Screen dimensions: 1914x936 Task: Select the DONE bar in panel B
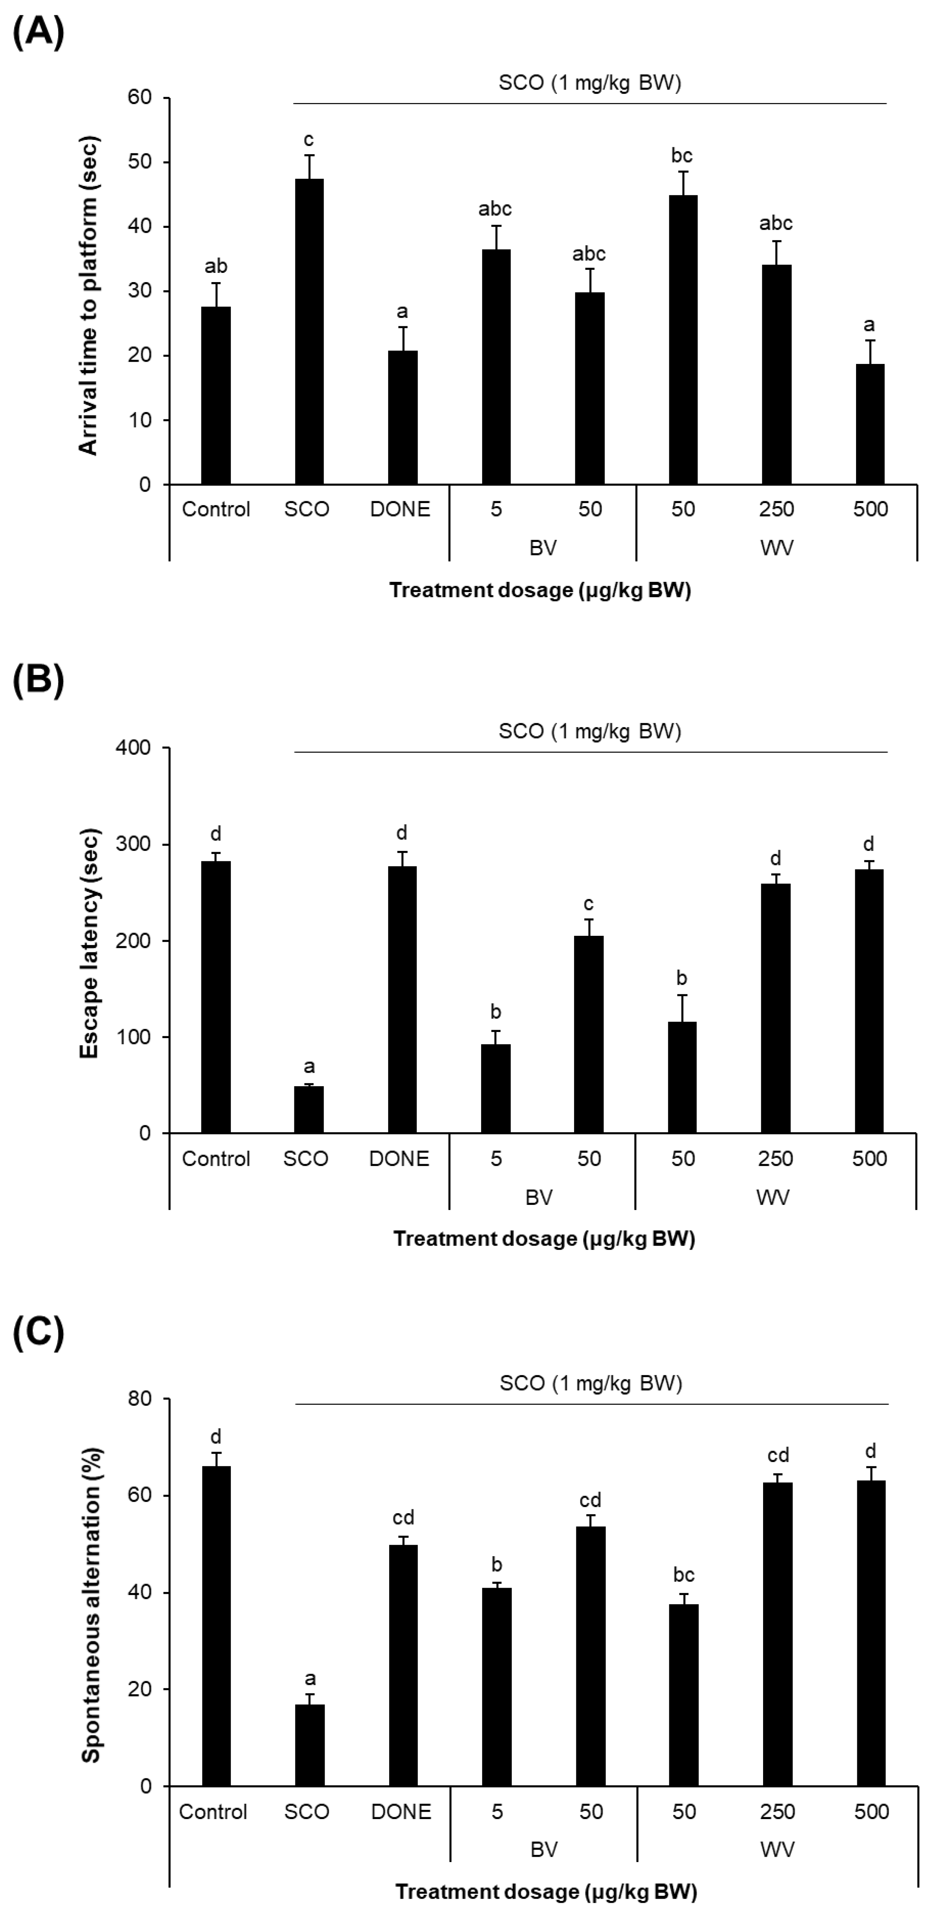tap(402, 999)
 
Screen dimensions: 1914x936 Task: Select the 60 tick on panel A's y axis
tap(139, 97)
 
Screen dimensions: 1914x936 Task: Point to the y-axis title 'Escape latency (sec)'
tap(90, 944)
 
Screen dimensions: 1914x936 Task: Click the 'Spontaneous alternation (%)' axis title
tap(91, 1605)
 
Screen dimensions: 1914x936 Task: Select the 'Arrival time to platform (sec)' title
tap(88, 295)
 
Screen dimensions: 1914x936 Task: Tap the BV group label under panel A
tap(543, 548)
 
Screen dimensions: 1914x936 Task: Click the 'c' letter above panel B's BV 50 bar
tap(588, 904)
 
